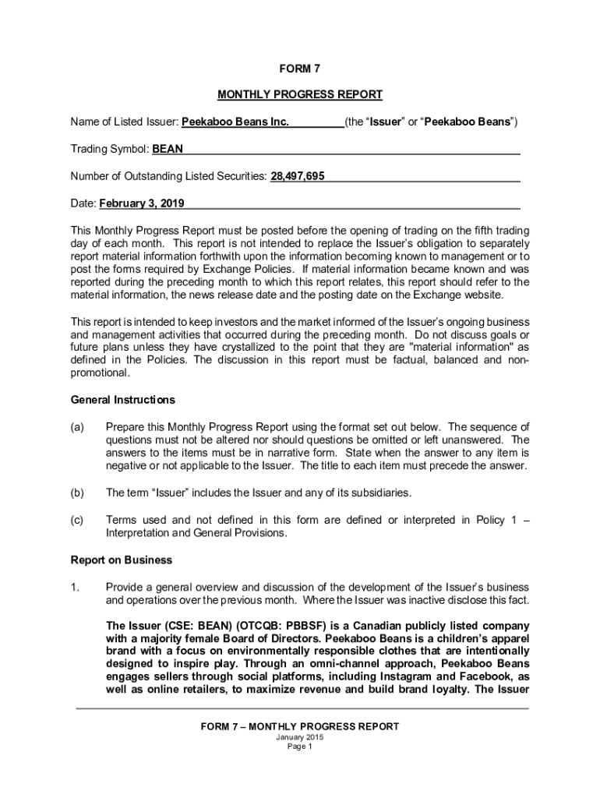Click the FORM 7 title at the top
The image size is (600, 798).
pyautogui.click(x=300, y=68)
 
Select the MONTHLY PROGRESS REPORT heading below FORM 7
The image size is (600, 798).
pyautogui.click(x=300, y=95)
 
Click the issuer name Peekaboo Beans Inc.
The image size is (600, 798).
pyautogui.click(x=235, y=122)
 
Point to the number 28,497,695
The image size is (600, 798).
pyautogui.click(x=298, y=177)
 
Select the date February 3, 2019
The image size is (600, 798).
pyautogui.click(x=142, y=204)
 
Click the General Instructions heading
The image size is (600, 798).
pyautogui.click(x=123, y=400)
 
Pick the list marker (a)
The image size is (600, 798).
pyautogui.click(x=77, y=427)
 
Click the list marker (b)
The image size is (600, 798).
pyautogui.click(x=77, y=493)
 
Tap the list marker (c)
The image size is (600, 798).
pyautogui.click(x=77, y=520)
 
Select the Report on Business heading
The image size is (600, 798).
pyautogui.click(x=122, y=560)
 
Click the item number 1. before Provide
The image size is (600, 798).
pyautogui.click(x=76, y=587)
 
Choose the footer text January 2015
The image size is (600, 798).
pyautogui.click(x=300, y=737)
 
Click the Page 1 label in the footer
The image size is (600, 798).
pyautogui.click(x=300, y=747)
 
